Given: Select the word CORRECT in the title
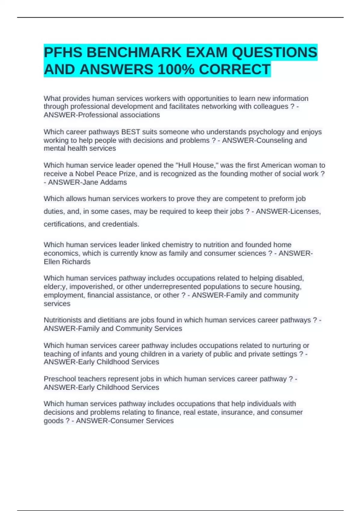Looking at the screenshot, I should (234, 70).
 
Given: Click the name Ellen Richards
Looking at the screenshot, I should (67, 262).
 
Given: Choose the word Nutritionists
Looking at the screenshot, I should (63, 320).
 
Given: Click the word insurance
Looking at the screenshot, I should (237, 412).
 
